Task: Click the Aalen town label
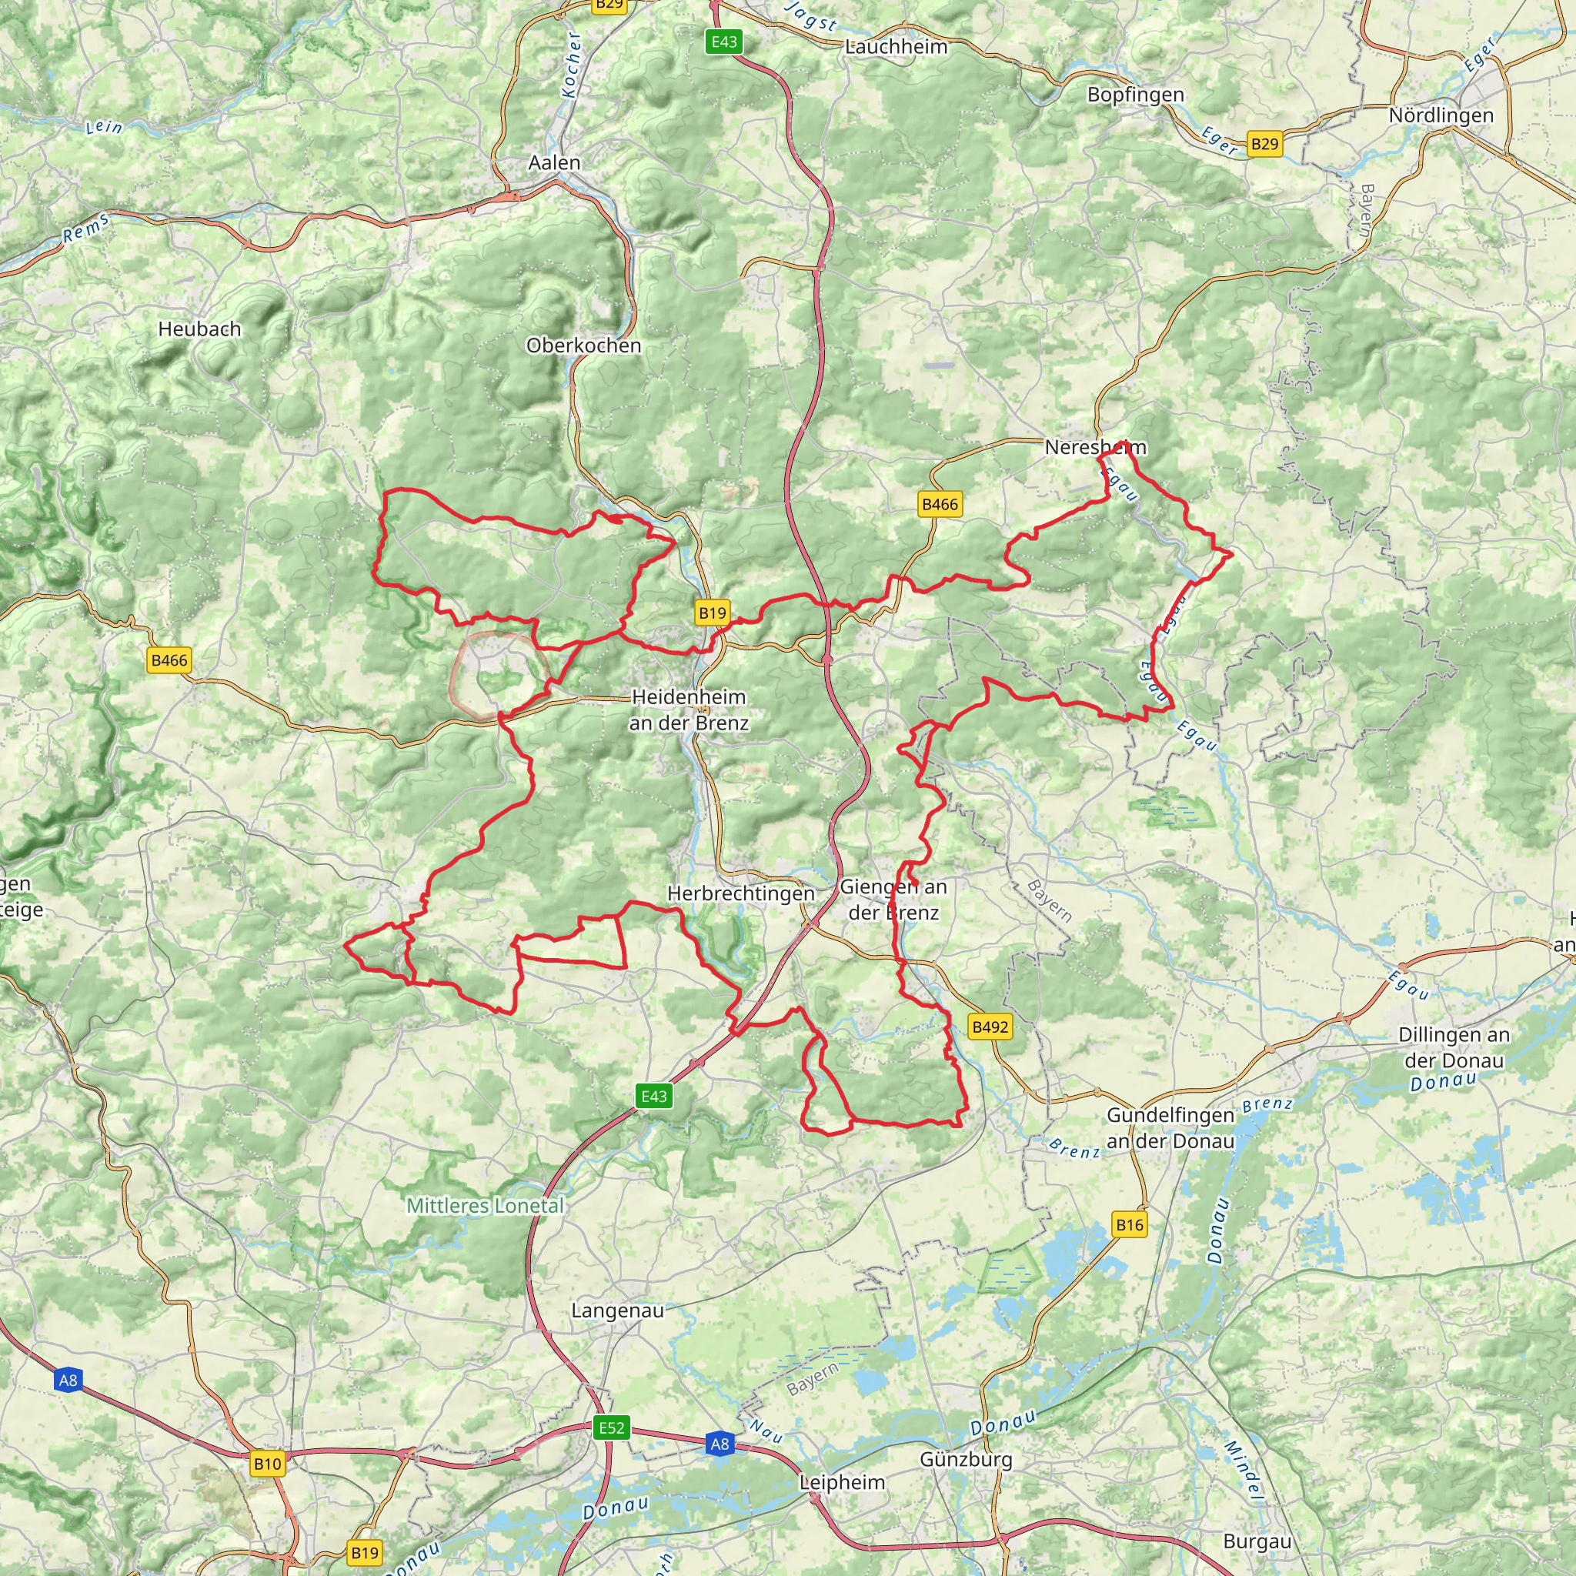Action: (x=555, y=163)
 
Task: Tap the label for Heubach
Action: (x=200, y=329)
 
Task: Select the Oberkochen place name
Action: (x=583, y=346)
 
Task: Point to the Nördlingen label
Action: (x=1441, y=116)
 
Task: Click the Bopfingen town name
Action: (x=1136, y=95)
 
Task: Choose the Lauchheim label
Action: (x=897, y=47)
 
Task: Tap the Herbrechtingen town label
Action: (x=741, y=894)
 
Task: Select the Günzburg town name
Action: (x=966, y=1459)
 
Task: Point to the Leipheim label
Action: (x=842, y=1482)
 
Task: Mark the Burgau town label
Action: (x=1257, y=1541)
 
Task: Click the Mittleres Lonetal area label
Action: (x=486, y=1206)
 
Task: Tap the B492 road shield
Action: (x=990, y=1027)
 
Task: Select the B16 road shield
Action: (x=1129, y=1224)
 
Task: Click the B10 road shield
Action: (x=268, y=1464)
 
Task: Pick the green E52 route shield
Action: (x=612, y=1427)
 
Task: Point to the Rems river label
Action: (x=85, y=229)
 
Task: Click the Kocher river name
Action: (x=572, y=65)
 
